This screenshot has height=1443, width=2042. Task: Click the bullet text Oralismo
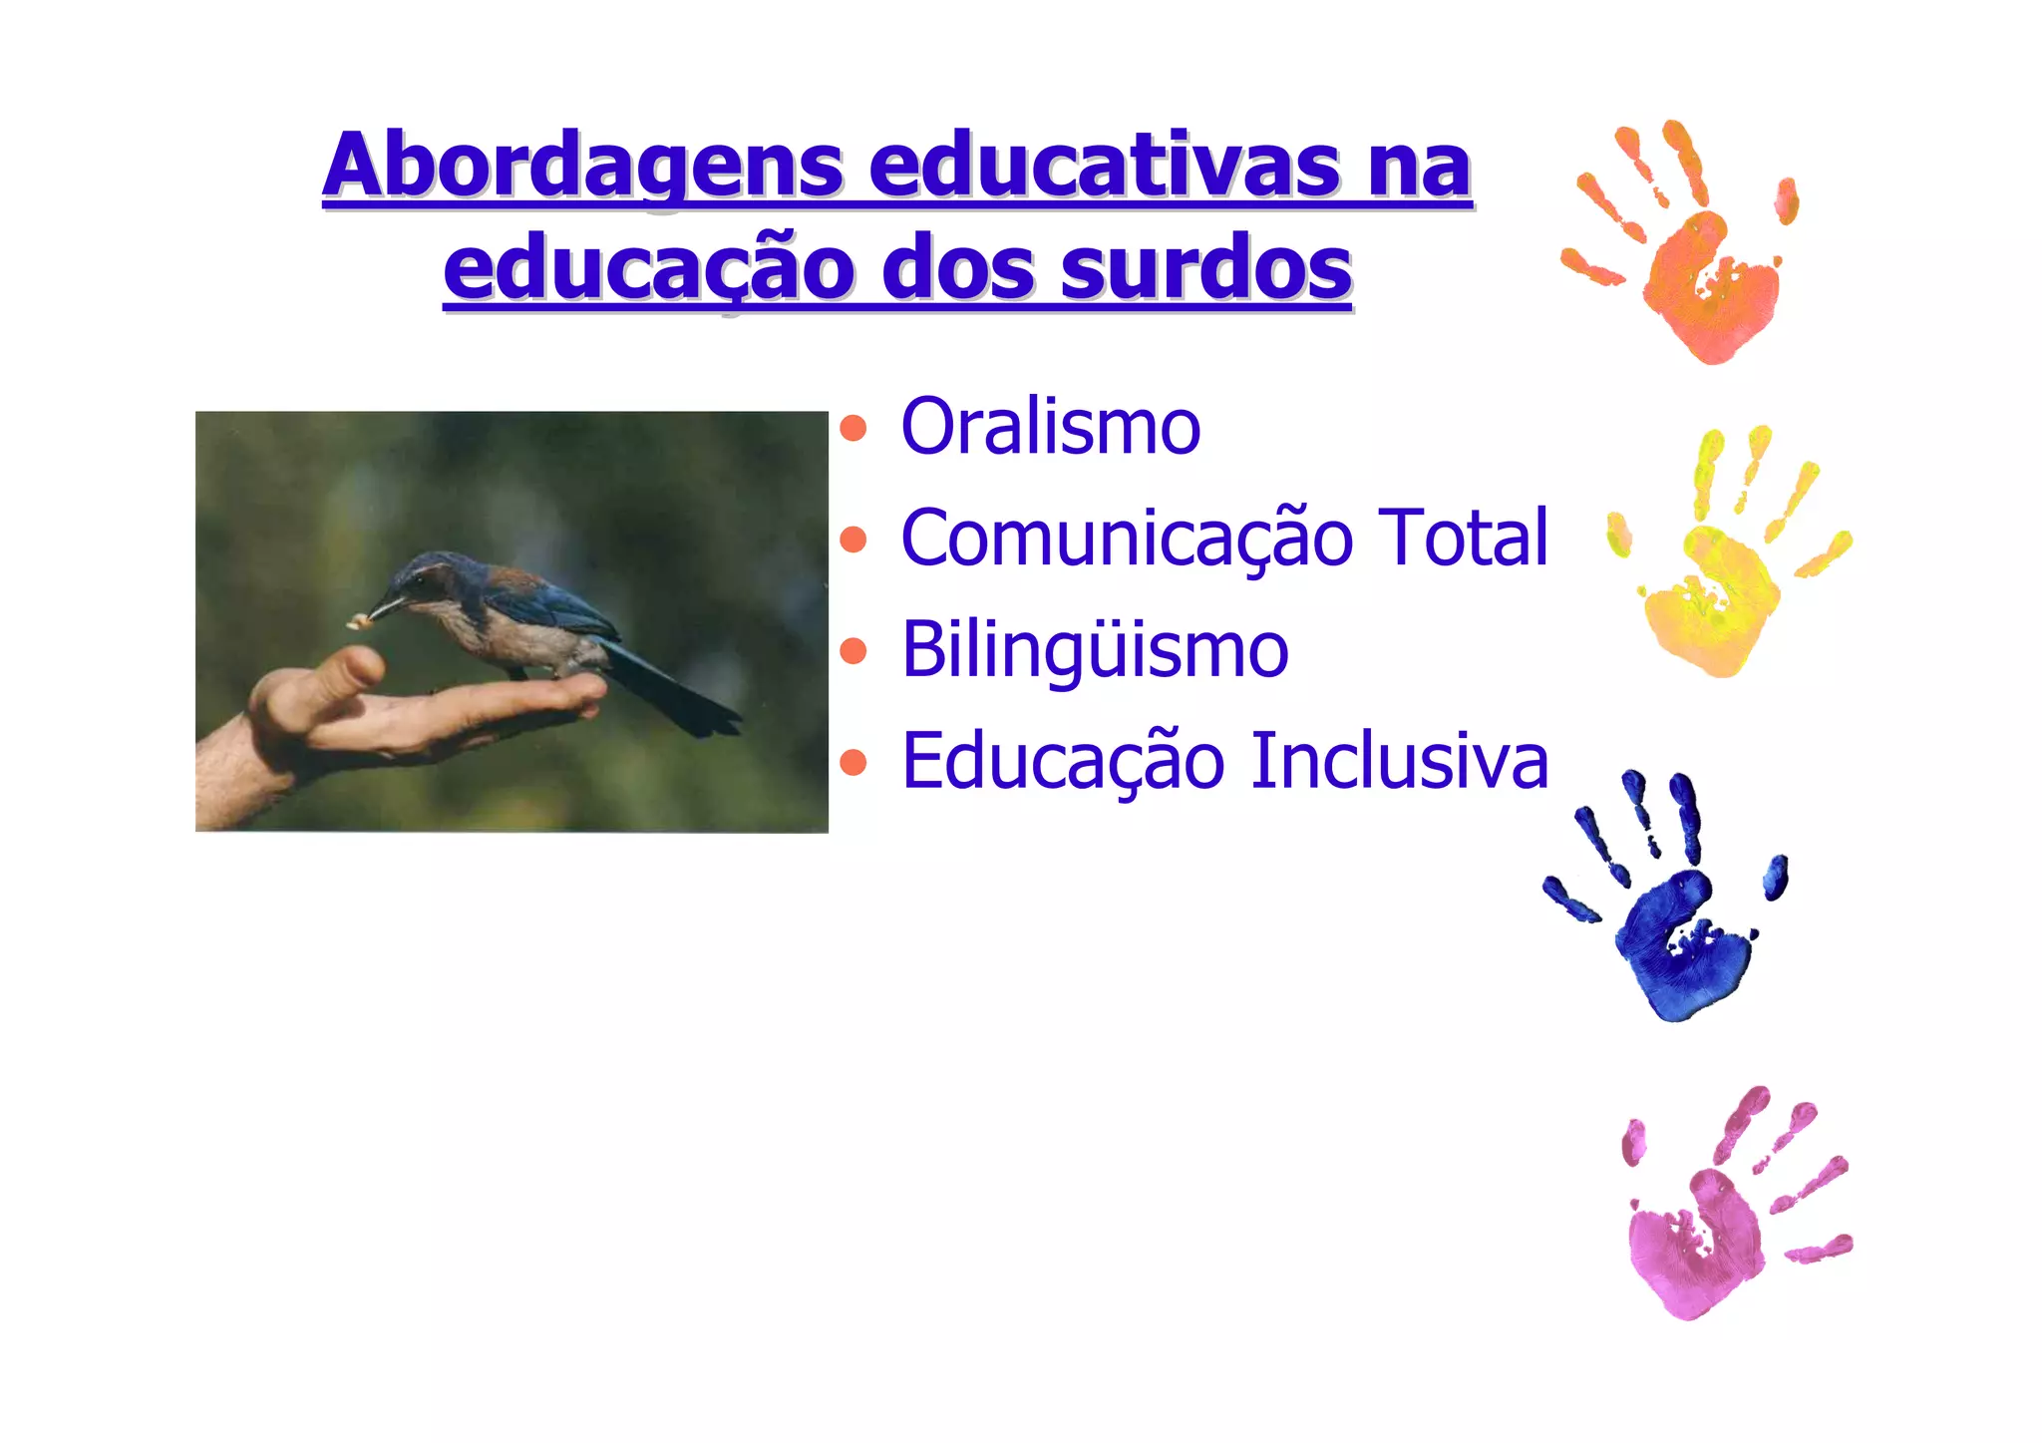pos(1050,427)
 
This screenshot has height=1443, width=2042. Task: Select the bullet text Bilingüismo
pos(1094,649)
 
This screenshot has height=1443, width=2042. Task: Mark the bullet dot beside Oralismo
pos(853,429)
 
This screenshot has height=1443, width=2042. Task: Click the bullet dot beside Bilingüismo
pos(853,651)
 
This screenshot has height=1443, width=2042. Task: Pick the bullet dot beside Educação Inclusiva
pos(853,763)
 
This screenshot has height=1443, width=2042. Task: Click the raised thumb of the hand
pos(355,665)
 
